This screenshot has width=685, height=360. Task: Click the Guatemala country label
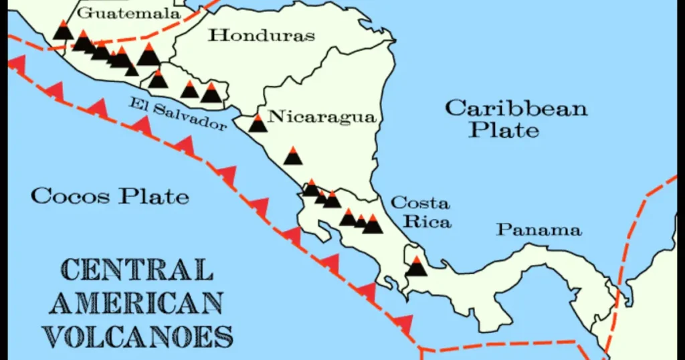click(129, 13)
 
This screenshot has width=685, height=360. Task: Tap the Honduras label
click(261, 35)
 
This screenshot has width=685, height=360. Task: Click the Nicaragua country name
click(321, 116)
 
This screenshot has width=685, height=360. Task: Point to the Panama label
click(539, 230)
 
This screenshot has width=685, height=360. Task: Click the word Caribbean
click(516, 108)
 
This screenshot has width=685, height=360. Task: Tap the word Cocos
click(70, 196)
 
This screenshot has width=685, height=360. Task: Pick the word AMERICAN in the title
click(136, 302)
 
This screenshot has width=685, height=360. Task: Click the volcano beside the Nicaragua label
click(258, 123)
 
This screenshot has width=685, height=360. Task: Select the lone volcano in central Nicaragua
click(293, 155)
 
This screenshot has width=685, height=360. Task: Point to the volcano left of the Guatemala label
click(64, 30)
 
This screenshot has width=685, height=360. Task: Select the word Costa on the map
click(420, 203)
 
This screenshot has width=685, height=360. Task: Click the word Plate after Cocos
click(155, 197)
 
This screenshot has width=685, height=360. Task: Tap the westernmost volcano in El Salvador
click(158, 79)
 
